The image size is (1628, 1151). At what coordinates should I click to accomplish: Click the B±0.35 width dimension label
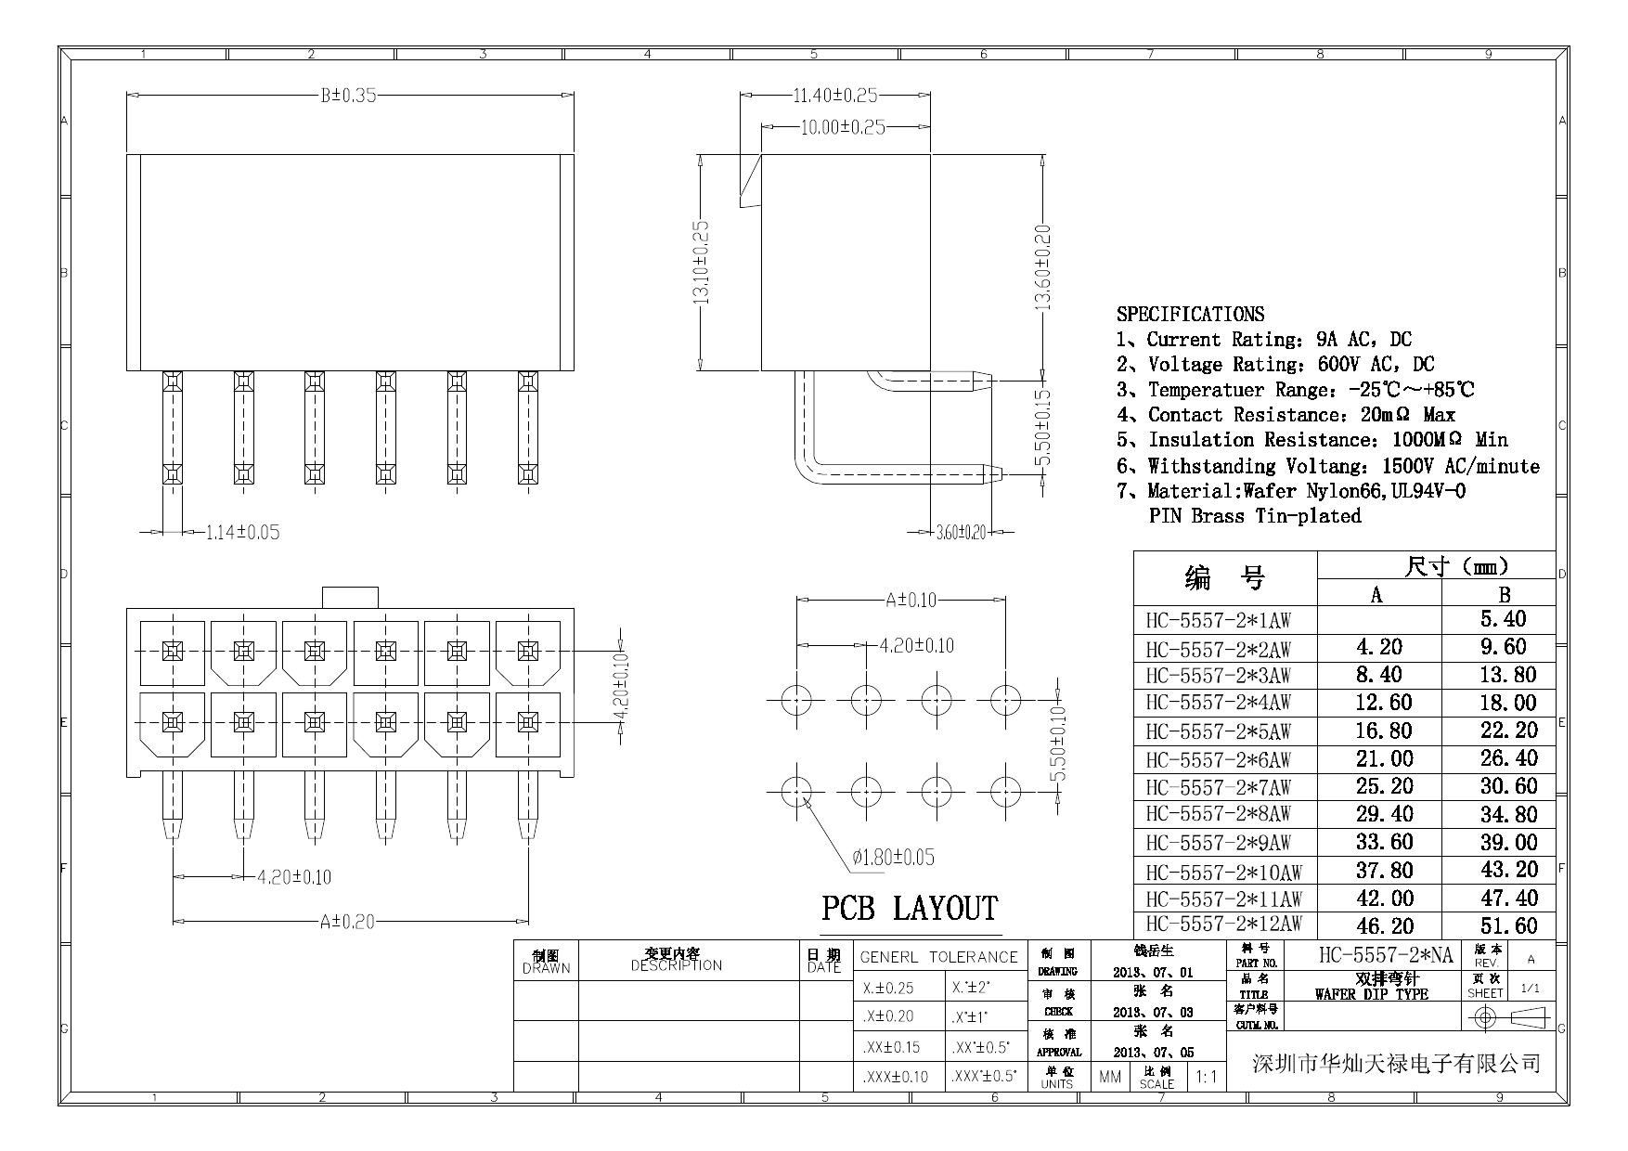(348, 96)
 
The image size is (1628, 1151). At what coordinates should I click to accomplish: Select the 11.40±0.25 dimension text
(834, 96)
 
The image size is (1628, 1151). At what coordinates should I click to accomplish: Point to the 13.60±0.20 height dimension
(1043, 268)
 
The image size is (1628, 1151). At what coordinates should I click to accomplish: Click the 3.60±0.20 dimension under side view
(961, 533)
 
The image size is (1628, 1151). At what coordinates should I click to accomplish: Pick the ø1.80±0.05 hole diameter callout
(893, 857)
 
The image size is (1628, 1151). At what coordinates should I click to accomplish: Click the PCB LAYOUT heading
(909, 909)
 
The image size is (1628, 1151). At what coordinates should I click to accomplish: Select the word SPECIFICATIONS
(1190, 314)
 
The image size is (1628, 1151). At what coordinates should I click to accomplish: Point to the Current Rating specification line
(1264, 340)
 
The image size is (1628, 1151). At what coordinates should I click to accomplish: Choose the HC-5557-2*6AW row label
(1218, 759)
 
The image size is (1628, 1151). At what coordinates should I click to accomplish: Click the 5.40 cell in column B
(1503, 619)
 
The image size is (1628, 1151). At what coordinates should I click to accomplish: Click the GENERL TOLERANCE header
(938, 957)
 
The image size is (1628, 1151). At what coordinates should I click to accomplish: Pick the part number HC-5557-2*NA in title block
(1385, 954)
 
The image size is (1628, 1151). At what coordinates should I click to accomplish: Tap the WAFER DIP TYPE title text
(1371, 994)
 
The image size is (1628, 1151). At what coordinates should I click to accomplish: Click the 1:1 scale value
(1207, 1077)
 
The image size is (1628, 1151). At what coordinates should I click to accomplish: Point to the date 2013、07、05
(1153, 1053)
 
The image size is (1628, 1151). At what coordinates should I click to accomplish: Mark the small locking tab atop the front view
(350, 597)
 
